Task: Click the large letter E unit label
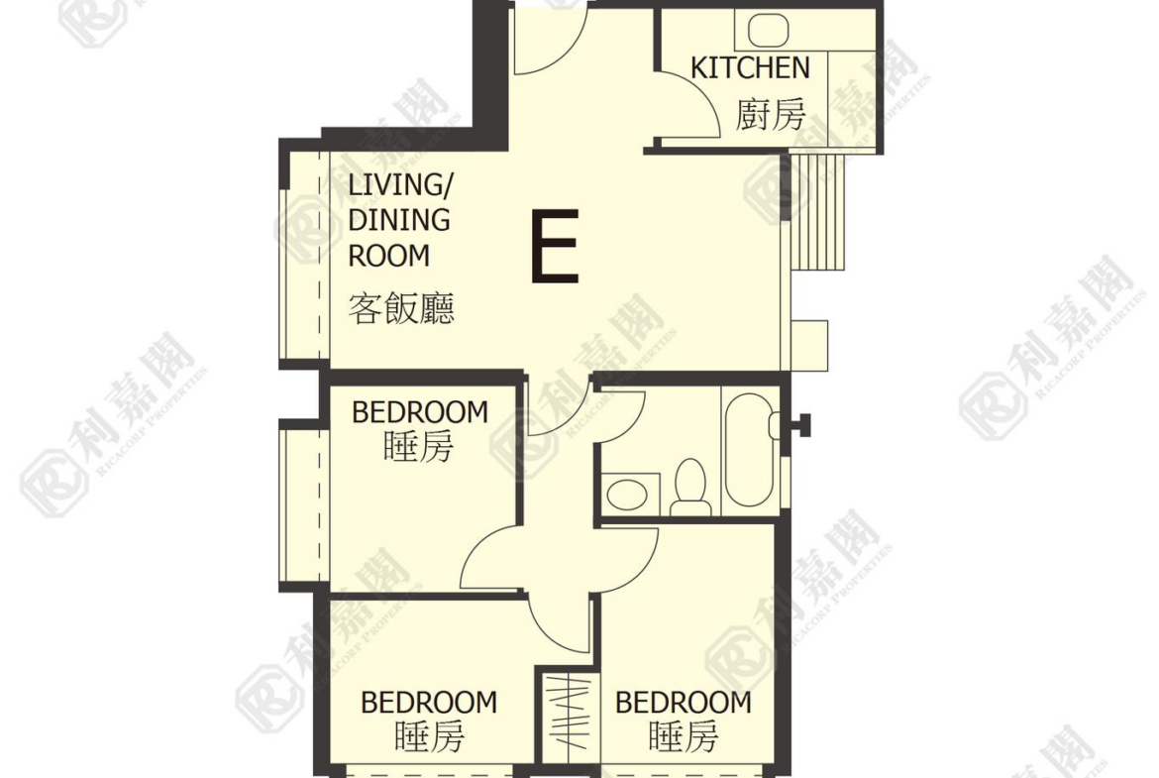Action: pyautogui.click(x=555, y=246)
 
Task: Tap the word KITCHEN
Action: pyautogui.click(x=750, y=67)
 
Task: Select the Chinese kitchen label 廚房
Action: pyautogui.click(x=771, y=115)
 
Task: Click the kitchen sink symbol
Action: pyautogui.click(x=769, y=31)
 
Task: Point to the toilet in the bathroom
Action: pyautogui.click(x=691, y=487)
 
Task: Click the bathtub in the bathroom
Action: pyautogui.click(x=750, y=449)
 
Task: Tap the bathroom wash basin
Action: pyautogui.click(x=627, y=494)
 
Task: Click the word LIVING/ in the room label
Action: pyautogui.click(x=399, y=184)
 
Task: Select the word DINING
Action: pyautogui.click(x=399, y=220)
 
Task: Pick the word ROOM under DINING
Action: pyautogui.click(x=388, y=256)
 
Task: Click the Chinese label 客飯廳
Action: pyautogui.click(x=401, y=308)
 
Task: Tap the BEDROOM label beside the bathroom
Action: pyautogui.click(x=420, y=412)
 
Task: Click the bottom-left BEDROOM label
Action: pyautogui.click(x=429, y=702)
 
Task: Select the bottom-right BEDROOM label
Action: pyautogui.click(x=683, y=702)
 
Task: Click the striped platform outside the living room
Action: pyautogui.click(x=817, y=212)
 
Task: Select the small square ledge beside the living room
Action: pyautogui.click(x=809, y=345)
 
